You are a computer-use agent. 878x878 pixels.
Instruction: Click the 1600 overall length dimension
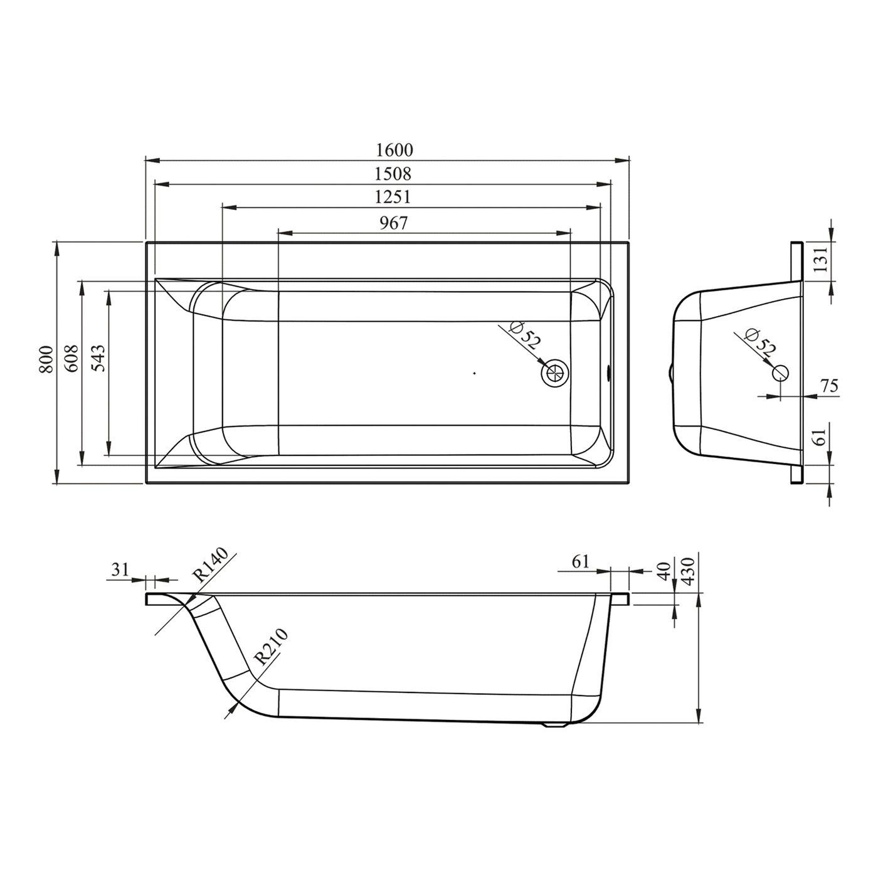coord(394,150)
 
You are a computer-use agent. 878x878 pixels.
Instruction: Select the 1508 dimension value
coord(393,173)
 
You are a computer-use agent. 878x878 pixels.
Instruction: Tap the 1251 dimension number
coord(393,197)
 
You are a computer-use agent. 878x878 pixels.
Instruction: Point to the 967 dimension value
coord(393,223)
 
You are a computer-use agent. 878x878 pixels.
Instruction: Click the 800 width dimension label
coord(45,360)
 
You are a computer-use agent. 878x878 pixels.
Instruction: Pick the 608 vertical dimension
coord(71,359)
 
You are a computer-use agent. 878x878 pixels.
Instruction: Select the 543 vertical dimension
coord(98,359)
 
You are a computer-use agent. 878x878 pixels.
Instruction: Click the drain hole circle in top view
coord(554,373)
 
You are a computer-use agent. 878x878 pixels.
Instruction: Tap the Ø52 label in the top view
coord(524,336)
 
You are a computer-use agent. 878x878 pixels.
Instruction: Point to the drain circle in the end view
coord(781,372)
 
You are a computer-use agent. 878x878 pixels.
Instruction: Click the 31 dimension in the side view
coord(120,569)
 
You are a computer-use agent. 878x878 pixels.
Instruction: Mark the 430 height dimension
coord(689,569)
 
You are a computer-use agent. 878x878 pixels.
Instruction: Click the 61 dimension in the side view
coord(581,561)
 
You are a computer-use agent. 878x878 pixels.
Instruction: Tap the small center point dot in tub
coord(475,373)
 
